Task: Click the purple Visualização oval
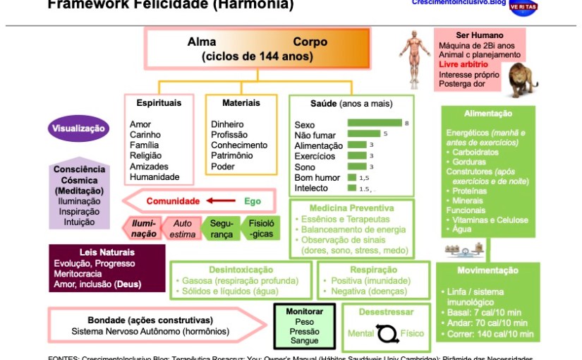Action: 79,128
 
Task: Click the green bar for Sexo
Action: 374,124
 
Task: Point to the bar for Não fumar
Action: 363,134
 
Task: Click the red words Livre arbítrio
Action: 463,64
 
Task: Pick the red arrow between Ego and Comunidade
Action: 221,201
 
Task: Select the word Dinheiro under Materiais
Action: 227,124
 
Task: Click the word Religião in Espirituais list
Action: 145,156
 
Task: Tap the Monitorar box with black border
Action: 304,326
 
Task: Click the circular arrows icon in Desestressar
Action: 387,332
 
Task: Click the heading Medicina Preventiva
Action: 351,208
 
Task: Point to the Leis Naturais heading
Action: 107,252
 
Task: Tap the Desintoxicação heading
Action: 241,270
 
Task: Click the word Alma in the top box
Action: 202,42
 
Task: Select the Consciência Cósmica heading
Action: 80,174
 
